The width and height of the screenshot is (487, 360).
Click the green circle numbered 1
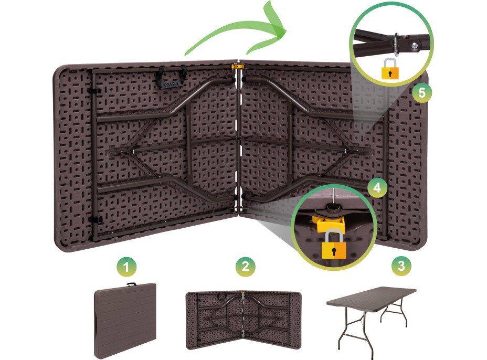(x=126, y=267)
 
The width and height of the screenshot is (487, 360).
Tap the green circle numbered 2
(x=246, y=266)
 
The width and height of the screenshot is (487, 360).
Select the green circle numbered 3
(x=401, y=266)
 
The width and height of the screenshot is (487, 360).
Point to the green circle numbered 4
(x=377, y=187)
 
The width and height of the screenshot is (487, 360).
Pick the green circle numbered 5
(x=422, y=92)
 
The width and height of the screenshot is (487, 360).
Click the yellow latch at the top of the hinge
(x=238, y=66)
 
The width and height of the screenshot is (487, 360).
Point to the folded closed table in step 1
(x=125, y=321)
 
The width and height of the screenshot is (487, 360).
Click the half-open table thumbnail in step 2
(x=243, y=320)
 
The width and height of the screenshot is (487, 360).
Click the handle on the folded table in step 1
(x=131, y=284)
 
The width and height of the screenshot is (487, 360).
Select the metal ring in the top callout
(x=396, y=44)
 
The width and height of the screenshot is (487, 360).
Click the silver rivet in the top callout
(x=415, y=46)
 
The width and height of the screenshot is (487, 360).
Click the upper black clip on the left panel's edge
(x=94, y=91)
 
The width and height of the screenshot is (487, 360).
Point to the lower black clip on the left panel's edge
(x=96, y=220)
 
